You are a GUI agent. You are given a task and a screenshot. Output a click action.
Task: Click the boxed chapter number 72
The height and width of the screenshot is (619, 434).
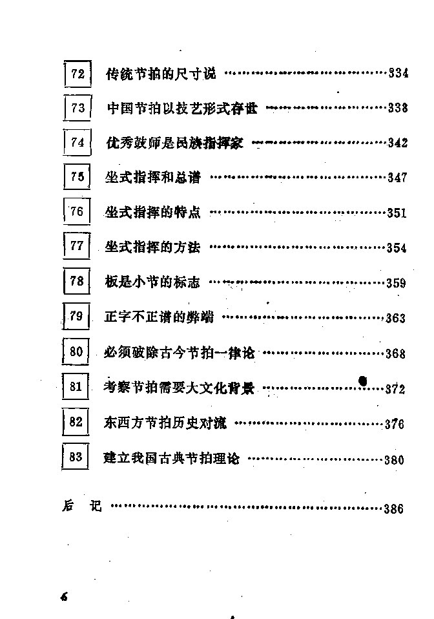tap(77, 74)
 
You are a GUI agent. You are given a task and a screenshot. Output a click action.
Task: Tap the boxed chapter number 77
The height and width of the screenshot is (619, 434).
tap(77, 246)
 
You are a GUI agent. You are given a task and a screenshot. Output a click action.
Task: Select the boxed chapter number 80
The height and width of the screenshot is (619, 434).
tap(76, 351)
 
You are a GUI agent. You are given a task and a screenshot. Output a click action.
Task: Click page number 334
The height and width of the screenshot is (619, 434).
tap(398, 73)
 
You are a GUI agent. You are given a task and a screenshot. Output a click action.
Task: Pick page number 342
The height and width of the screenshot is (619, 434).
tap(397, 143)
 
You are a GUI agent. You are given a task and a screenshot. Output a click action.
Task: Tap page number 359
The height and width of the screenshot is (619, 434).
tap(396, 282)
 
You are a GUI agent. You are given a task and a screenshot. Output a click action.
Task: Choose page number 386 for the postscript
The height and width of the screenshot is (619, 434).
tap(394, 509)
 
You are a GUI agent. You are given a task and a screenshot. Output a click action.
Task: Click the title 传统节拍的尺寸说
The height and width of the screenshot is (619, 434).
tap(161, 74)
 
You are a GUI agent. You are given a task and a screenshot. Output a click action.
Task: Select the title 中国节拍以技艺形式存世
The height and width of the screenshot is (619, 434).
tap(182, 108)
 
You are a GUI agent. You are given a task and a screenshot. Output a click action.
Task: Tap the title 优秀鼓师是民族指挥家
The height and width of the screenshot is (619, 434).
tap(175, 143)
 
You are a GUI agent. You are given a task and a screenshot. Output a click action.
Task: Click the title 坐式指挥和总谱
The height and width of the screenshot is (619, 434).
tap(152, 177)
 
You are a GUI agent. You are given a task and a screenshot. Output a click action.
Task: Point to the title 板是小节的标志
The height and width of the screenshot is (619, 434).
tap(152, 282)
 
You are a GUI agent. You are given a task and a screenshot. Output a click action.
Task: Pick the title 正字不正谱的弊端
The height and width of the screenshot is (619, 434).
tap(159, 317)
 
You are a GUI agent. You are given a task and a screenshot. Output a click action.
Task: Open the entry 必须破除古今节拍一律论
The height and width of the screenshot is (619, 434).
tap(179, 352)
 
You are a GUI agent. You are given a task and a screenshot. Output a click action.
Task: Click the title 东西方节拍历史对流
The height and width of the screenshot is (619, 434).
tap(165, 423)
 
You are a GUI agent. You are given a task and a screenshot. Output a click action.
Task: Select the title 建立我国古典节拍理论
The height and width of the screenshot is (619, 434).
tap(171, 458)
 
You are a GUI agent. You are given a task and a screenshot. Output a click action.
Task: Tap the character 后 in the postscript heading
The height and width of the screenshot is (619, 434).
tap(68, 505)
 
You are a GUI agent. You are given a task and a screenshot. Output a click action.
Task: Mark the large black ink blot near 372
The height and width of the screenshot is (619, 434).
tap(362, 381)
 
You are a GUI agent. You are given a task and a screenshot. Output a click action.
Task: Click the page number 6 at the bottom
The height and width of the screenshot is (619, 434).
tap(64, 596)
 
